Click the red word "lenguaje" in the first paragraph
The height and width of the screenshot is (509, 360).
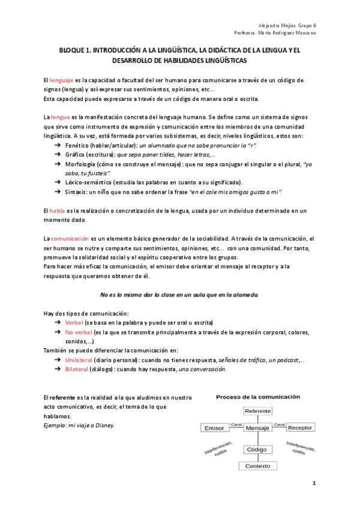coord(61,80)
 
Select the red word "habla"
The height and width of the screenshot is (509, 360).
coord(57,211)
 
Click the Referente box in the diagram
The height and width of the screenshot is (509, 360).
coord(257,411)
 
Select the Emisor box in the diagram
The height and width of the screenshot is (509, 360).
coord(214,428)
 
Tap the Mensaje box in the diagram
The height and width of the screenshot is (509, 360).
coord(257,428)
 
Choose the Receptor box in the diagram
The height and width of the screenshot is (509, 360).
coord(300,428)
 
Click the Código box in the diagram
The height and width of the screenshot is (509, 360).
coord(257,449)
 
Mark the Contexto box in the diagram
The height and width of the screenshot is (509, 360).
coord(257,466)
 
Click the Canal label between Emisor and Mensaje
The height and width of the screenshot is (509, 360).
coord(235,424)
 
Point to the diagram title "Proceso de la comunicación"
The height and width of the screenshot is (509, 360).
coord(258,397)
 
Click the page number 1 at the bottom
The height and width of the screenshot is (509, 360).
coord(313,483)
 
